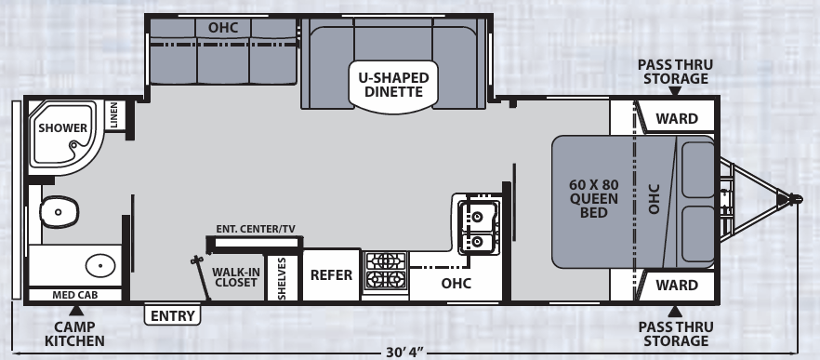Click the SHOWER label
click(63, 128)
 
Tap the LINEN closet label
click(113, 116)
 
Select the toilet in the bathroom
click(58, 213)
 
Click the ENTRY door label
click(174, 315)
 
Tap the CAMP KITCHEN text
click(74, 333)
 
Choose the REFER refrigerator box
click(331, 274)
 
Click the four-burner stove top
click(385, 269)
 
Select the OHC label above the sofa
click(223, 27)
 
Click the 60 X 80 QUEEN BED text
click(588, 197)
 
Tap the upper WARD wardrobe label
click(677, 118)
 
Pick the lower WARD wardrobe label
click(677, 285)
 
